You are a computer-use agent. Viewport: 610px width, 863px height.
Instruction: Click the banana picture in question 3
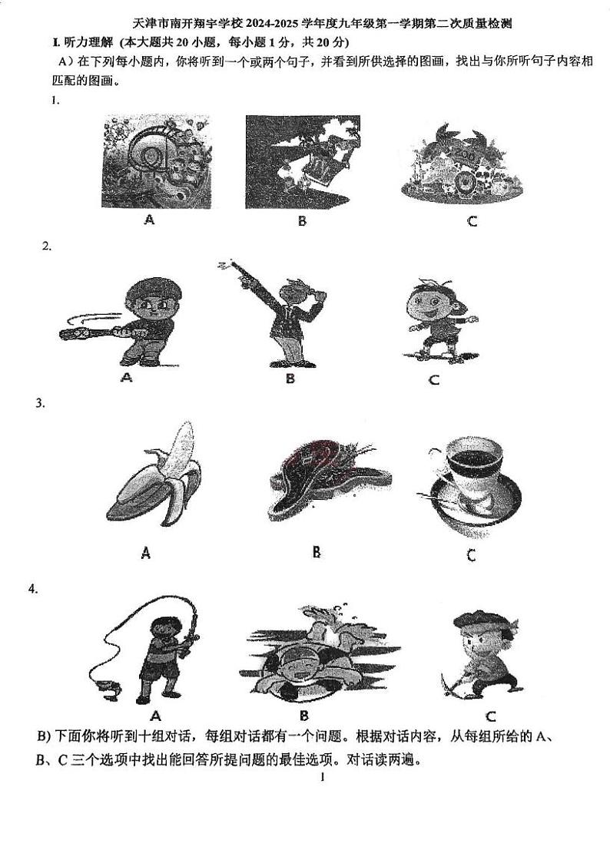click(x=154, y=474)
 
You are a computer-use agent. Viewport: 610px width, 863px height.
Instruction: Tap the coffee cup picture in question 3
click(x=473, y=485)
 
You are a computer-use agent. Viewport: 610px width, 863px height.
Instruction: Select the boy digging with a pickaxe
click(x=481, y=655)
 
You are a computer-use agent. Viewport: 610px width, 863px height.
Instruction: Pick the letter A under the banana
click(x=145, y=552)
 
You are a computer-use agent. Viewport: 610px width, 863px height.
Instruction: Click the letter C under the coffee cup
click(x=471, y=555)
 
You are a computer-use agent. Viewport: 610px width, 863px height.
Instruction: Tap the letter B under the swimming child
click(x=304, y=715)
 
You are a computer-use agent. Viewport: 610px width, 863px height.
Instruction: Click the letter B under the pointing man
click(x=290, y=379)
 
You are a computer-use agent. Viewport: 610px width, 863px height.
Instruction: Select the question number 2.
click(x=47, y=246)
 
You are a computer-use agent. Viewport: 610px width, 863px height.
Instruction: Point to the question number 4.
click(x=33, y=590)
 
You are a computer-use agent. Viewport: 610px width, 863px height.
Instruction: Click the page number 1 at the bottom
click(x=322, y=778)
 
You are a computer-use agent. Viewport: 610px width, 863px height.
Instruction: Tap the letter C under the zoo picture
click(x=472, y=221)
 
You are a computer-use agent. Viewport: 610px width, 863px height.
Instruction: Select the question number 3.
click(x=40, y=403)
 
